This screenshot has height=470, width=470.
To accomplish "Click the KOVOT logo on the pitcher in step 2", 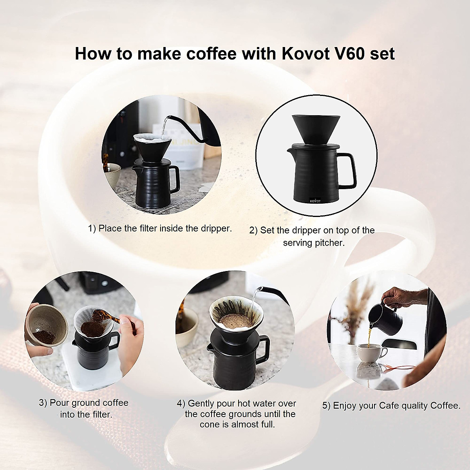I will tap(315, 201).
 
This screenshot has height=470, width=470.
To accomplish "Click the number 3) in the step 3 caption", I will tap(43, 403).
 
